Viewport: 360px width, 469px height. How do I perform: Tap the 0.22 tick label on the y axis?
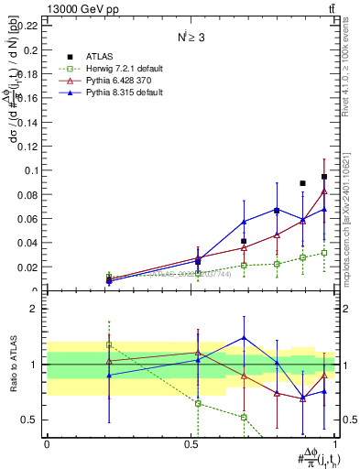pyautogui.click(x=27, y=25)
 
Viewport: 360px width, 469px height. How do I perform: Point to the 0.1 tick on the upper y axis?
pyautogui.click(x=31, y=170)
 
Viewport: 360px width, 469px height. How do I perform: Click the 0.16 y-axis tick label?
pyautogui.click(x=27, y=98)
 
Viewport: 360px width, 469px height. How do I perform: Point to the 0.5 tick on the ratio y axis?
pyautogui.click(x=31, y=420)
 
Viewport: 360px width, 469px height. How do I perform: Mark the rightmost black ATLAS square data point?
pyautogui.click(x=324, y=177)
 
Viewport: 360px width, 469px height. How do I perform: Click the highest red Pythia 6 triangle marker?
pyautogui.click(x=324, y=191)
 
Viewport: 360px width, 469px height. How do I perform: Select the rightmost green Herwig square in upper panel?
pyautogui.click(x=324, y=253)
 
